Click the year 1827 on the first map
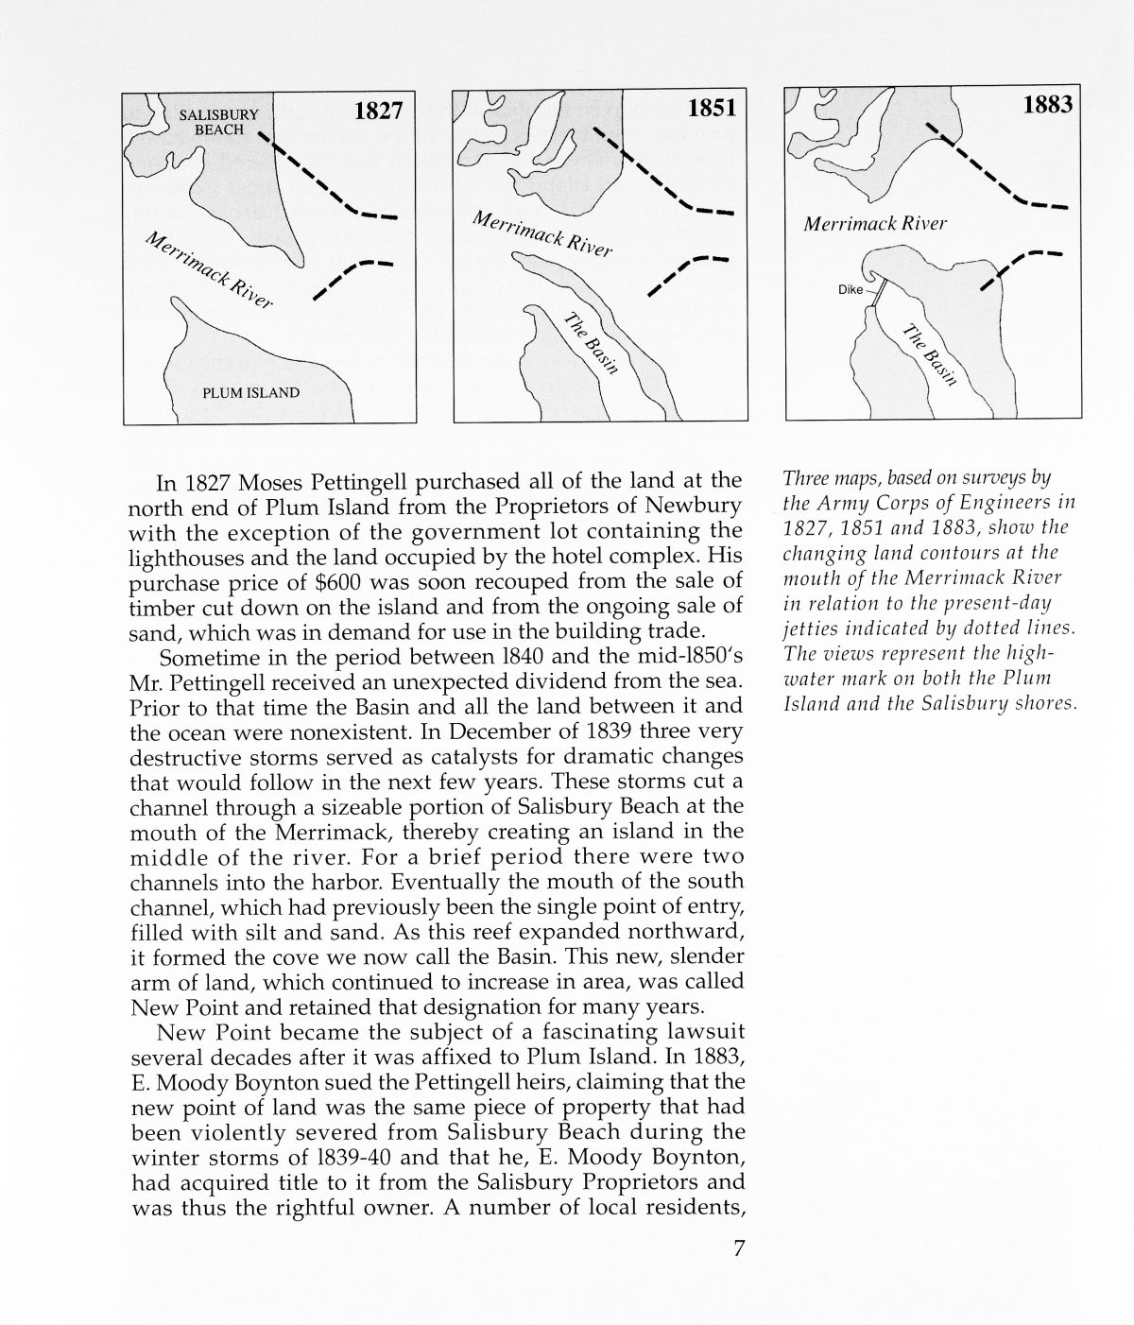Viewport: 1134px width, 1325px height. click(378, 112)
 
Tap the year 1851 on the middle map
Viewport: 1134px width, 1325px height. click(711, 109)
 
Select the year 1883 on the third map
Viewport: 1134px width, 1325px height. click(1047, 104)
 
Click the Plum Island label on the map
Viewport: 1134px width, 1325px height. click(251, 392)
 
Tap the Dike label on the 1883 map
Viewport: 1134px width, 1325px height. click(850, 290)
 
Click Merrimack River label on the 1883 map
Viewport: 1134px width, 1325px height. click(875, 225)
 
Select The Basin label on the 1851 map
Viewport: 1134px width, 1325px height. click(592, 343)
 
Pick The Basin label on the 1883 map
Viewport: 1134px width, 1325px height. click(931, 355)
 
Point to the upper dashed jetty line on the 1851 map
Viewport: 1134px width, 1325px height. click(661, 175)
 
